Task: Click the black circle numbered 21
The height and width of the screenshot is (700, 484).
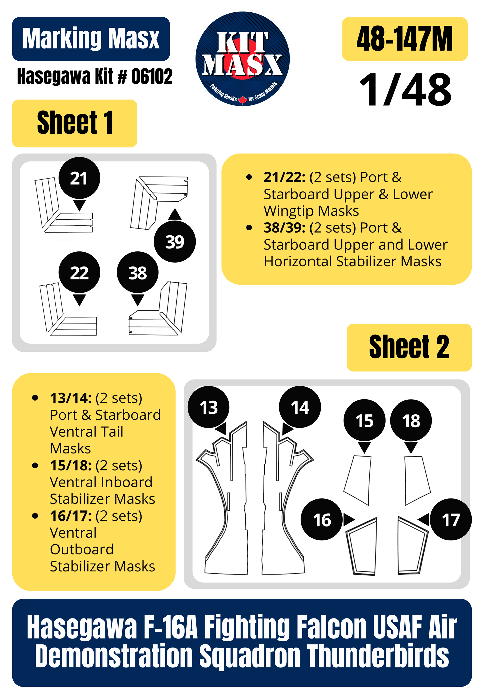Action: click(x=79, y=178)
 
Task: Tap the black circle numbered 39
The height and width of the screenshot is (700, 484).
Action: click(x=175, y=241)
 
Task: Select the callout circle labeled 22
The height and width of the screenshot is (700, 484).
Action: click(x=79, y=272)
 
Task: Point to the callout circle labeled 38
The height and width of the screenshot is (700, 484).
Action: click(x=138, y=272)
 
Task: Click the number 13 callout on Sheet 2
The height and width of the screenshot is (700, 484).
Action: click(x=209, y=407)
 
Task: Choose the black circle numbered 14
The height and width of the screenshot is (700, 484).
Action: click(x=300, y=407)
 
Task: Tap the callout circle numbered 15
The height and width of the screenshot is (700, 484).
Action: click(x=364, y=420)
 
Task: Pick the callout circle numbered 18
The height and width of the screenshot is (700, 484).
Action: click(x=411, y=420)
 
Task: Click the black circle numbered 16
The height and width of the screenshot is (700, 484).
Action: click(x=322, y=520)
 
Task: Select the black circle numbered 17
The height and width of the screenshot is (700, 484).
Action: click(x=451, y=520)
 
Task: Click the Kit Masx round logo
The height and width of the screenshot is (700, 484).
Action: click(x=243, y=59)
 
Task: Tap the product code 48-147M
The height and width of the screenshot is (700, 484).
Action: click(x=405, y=39)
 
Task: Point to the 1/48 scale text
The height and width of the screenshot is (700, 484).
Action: click(x=405, y=90)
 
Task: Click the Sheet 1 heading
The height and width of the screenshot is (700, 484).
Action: click(x=75, y=123)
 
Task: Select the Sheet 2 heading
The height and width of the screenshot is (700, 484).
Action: click(x=409, y=347)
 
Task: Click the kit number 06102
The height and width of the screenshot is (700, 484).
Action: click(x=152, y=76)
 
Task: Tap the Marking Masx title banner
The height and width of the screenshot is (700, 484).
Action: click(x=91, y=39)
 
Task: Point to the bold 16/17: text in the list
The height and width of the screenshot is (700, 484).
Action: click(x=71, y=516)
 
